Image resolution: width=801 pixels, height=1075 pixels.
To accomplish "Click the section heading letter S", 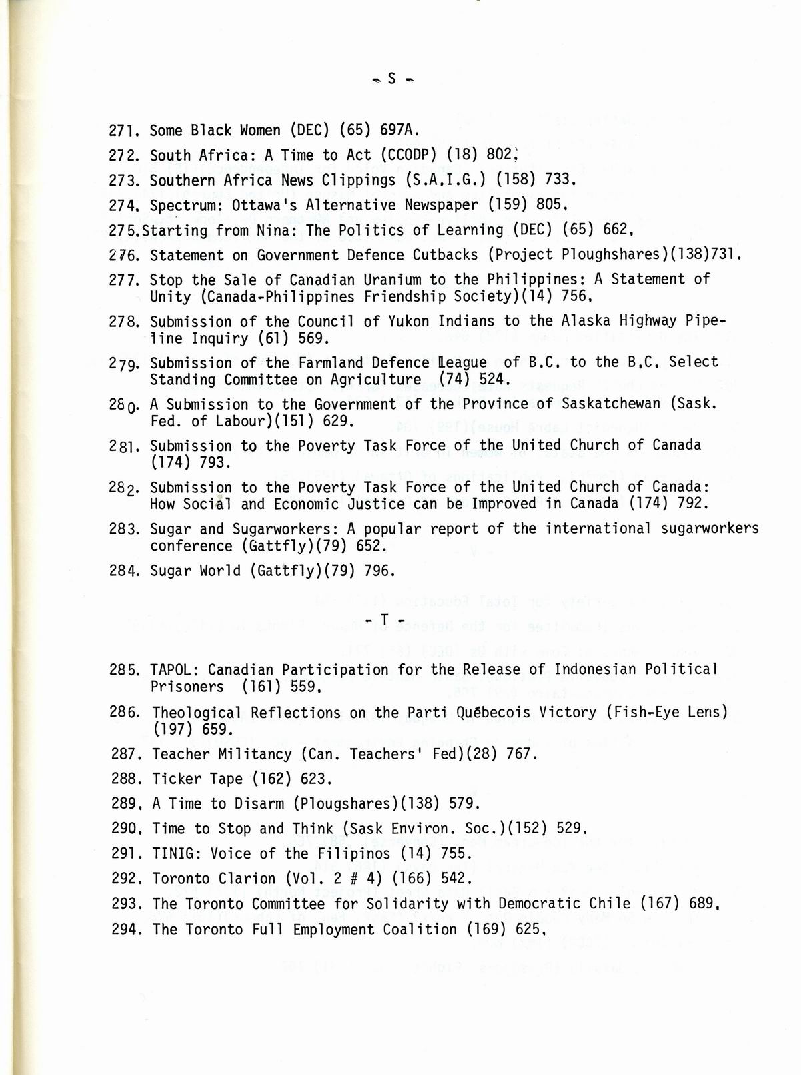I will tap(391, 79).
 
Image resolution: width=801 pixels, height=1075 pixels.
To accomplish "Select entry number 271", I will tap(123, 131).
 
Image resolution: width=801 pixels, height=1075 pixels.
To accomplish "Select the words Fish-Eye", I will tap(640, 713).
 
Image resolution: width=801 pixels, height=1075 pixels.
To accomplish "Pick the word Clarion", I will tap(251, 879).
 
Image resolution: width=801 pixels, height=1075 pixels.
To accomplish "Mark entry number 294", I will tap(125, 929).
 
